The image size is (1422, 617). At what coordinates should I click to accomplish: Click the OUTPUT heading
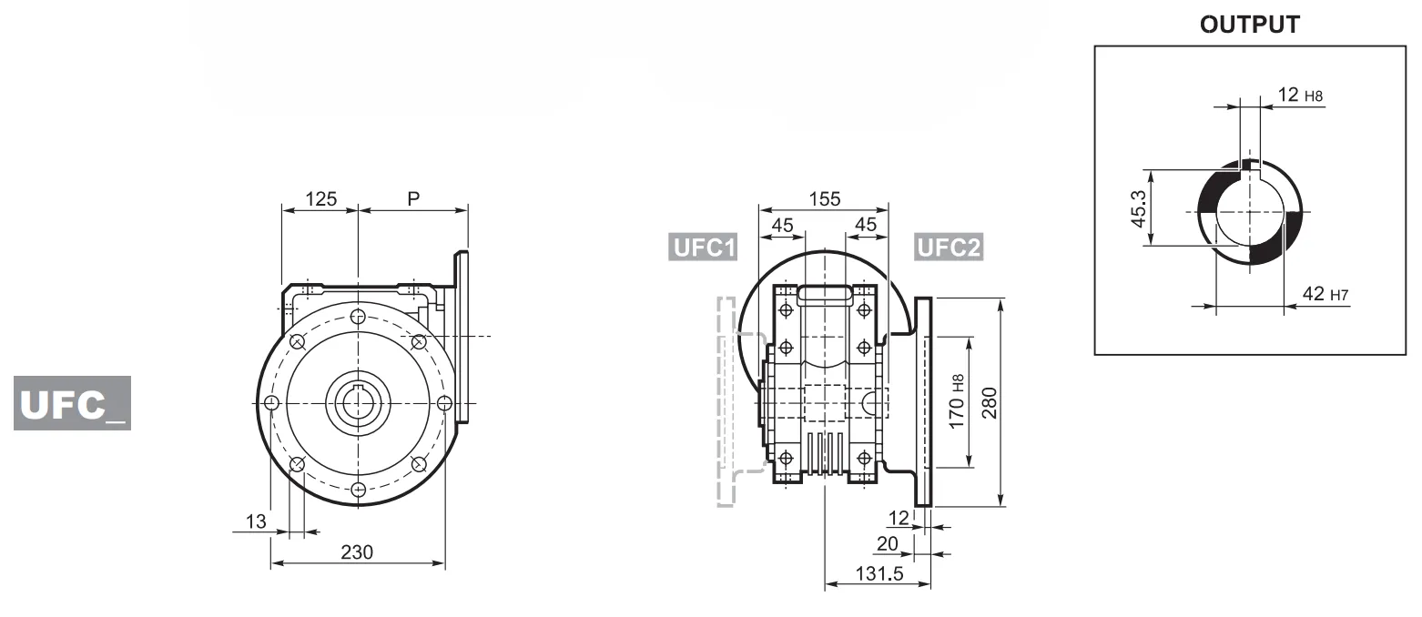click(x=1249, y=25)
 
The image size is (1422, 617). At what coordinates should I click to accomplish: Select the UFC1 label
click(x=702, y=248)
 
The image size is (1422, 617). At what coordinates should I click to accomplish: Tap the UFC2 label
click(x=948, y=248)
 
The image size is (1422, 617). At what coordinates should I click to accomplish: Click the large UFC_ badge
click(x=72, y=403)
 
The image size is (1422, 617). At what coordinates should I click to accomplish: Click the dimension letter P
click(x=413, y=198)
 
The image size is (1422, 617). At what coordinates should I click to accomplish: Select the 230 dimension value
click(x=356, y=551)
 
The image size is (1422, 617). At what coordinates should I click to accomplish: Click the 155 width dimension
click(x=824, y=198)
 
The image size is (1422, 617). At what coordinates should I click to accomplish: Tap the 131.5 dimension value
click(x=875, y=573)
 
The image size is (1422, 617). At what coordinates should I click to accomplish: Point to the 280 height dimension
click(x=990, y=401)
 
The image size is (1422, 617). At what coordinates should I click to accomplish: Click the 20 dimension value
click(x=887, y=542)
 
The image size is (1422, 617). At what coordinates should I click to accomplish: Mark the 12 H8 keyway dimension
click(x=1300, y=95)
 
